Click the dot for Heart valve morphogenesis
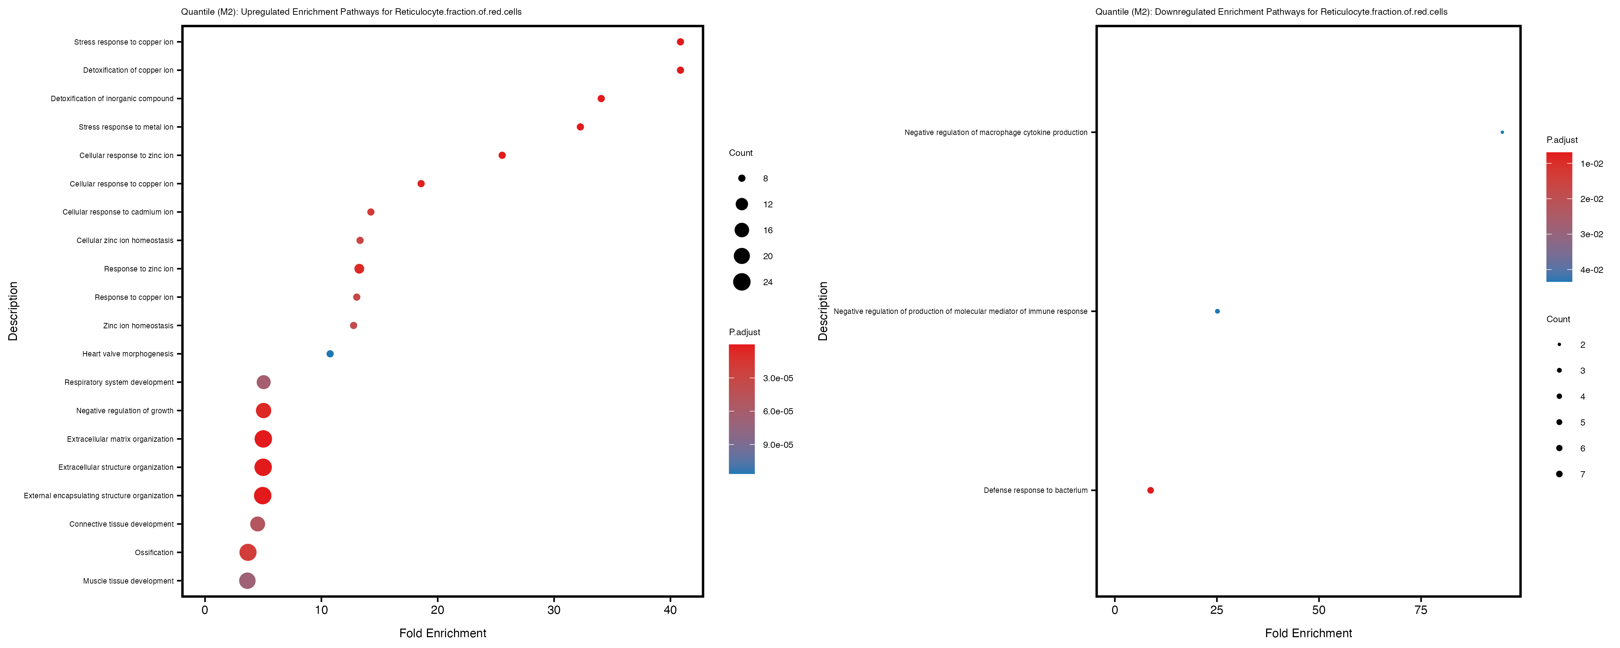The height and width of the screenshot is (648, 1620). tap(330, 354)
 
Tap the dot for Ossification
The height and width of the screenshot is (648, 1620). tap(248, 552)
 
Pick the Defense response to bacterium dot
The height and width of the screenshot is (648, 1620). tap(1150, 490)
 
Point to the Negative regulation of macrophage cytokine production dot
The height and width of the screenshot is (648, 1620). tap(1502, 132)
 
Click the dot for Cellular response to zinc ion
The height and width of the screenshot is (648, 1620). tap(502, 156)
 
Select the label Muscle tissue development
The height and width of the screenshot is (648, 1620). tap(128, 581)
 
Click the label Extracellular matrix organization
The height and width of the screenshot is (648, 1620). tap(120, 439)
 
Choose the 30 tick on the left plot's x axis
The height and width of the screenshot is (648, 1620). tap(554, 609)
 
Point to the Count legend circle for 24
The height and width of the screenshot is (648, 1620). tap(742, 282)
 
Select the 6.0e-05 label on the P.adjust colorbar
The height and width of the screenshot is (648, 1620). tap(778, 411)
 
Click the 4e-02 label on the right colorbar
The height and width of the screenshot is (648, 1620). tap(1591, 270)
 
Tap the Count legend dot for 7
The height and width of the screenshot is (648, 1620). tap(1559, 474)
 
